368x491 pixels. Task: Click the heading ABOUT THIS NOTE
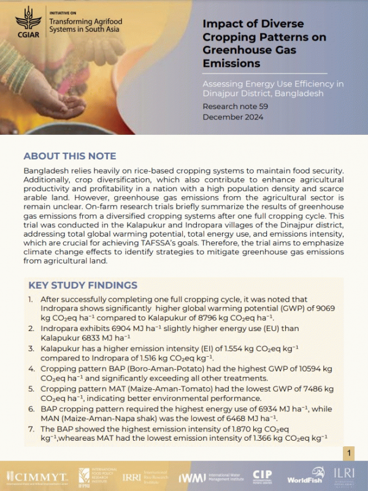coord(69,156)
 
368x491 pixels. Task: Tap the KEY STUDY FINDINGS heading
coord(83,285)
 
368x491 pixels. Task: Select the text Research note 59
coord(236,107)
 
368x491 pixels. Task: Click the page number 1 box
coord(347,453)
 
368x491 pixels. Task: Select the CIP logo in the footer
coord(262,476)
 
